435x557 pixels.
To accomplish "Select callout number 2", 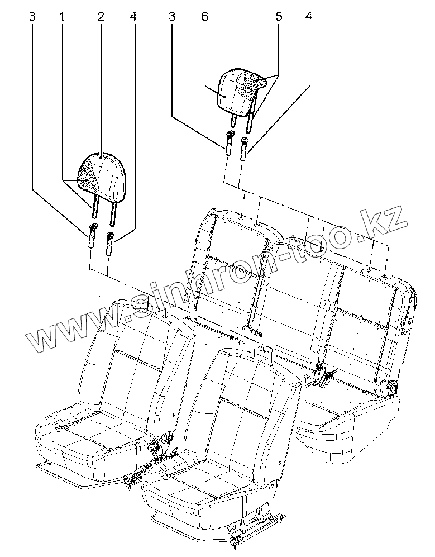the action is [101, 17].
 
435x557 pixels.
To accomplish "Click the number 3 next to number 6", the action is [172, 17].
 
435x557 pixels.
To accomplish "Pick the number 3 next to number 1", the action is [33, 17].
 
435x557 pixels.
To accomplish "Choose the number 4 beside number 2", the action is [132, 17].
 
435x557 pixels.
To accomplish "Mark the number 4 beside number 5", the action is [308, 17].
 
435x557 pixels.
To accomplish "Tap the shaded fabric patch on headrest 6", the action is [250, 83].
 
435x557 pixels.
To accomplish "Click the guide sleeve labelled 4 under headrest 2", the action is [110, 242].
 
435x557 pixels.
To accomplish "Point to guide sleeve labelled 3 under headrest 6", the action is [229, 143].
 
